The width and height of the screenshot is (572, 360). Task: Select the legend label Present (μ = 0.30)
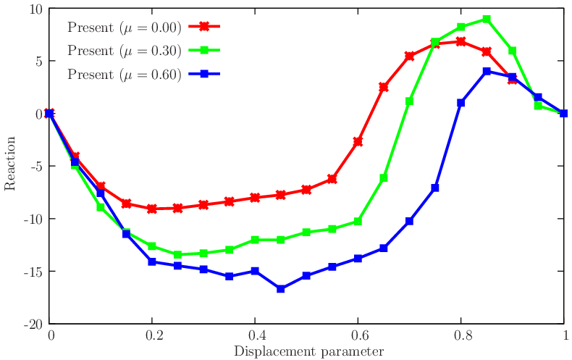(x=124, y=51)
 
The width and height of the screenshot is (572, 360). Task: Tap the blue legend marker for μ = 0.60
(x=204, y=74)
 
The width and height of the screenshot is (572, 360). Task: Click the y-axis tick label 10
(x=36, y=9)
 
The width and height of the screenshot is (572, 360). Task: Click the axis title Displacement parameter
(x=308, y=351)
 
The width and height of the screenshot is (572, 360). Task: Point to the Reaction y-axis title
(x=10, y=166)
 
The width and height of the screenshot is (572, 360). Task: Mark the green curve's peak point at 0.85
(x=487, y=20)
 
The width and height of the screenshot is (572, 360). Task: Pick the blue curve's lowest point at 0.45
(x=281, y=288)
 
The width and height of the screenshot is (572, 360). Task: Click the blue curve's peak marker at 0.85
(x=487, y=72)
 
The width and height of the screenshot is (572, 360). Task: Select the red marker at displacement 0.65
(x=384, y=87)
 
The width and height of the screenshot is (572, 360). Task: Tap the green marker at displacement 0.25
(x=178, y=254)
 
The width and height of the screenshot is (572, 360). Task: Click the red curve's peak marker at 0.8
(x=460, y=41)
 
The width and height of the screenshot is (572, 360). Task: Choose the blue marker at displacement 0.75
(x=435, y=188)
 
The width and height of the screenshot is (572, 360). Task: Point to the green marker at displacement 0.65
(x=384, y=177)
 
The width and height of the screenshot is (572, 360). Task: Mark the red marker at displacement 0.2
(x=152, y=208)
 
